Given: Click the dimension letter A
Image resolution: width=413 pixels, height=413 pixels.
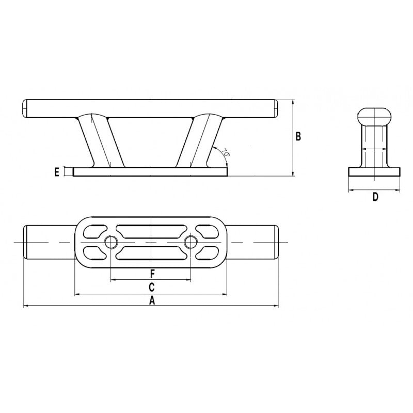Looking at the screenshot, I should point(152,301).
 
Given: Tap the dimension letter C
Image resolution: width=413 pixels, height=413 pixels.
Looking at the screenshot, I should point(152,287).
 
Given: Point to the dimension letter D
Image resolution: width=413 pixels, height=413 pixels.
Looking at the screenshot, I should point(375,197).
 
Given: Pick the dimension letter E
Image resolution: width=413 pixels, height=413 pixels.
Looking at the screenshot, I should point(57,172).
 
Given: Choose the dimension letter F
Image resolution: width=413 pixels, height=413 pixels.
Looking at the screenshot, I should point(152,273).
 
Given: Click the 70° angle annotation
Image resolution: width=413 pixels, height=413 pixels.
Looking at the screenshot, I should point(226,153).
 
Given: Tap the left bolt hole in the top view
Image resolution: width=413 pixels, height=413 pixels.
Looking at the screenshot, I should point(111,242).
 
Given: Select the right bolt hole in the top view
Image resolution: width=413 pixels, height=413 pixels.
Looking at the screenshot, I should point(191,242).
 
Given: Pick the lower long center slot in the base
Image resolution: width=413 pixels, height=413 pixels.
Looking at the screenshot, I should point(151,253).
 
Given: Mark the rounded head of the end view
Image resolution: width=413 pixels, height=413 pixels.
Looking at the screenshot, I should point(374,116).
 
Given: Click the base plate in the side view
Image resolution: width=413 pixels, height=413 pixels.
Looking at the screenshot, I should point(151,172).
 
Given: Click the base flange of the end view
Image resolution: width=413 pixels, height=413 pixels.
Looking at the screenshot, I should point(374,172).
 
